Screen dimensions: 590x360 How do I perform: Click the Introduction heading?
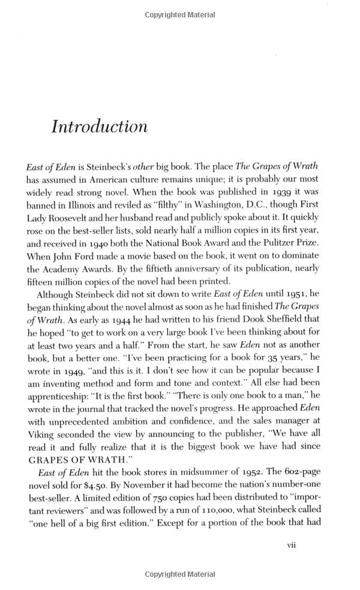(100, 127)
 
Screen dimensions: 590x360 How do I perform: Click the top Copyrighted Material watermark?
(180, 13)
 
